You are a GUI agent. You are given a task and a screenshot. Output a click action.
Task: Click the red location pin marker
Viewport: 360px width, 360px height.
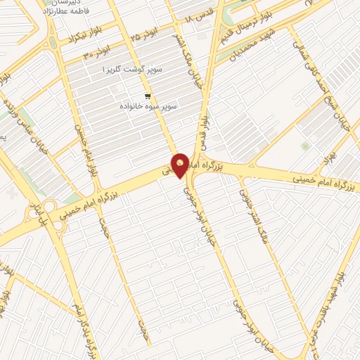[180, 165]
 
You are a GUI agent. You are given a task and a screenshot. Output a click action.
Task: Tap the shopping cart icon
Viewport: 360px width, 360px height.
[147, 96]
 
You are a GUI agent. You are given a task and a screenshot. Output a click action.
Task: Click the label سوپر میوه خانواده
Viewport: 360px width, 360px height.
[148, 106]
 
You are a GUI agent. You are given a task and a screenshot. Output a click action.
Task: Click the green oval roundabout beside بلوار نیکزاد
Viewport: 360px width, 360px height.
[53, 41]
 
